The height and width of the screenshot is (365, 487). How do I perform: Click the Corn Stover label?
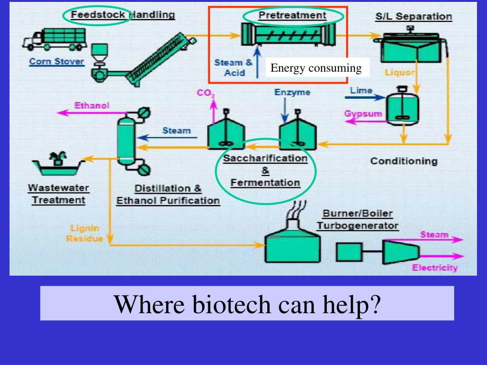(57, 61)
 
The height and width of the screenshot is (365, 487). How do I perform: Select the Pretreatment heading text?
(292, 15)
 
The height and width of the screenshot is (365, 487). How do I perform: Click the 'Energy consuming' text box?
(316, 68)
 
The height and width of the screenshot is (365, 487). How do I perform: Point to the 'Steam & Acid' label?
(234, 67)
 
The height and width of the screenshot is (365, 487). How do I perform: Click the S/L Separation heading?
(413, 17)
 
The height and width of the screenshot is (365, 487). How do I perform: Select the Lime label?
(361, 90)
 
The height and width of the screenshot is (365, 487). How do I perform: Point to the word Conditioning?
(404, 161)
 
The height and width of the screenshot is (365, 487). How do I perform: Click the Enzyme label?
(292, 92)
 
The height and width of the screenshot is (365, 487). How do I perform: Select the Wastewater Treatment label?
(58, 194)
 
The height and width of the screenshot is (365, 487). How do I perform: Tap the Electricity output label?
(435, 268)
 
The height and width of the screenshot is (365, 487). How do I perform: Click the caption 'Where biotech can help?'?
(247, 304)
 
